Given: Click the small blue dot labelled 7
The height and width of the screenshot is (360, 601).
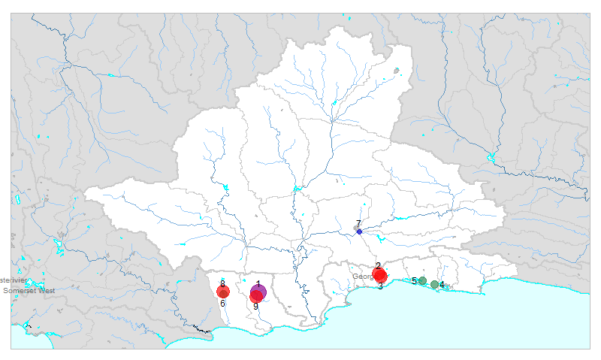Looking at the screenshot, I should [x=359, y=231].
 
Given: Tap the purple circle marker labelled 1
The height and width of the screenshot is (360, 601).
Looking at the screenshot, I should [x=258, y=292].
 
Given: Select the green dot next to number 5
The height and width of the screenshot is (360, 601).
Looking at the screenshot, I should [x=422, y=281].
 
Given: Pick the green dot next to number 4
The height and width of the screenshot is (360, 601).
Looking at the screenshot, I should [x=434, y=284].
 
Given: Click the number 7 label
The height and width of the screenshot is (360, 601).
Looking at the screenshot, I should [x=358, y=223].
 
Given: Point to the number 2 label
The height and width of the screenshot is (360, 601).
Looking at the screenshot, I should [x=378, y=266].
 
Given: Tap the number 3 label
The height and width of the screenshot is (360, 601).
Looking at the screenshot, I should [x=380, y=286].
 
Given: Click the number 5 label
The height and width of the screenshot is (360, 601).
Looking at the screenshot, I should [x=414, y=281].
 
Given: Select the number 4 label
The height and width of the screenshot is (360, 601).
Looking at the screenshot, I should [x=442, y=285].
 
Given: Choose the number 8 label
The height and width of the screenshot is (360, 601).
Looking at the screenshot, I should [x=222, y=283].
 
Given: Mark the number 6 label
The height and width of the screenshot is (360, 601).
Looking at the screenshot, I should [x=222, y=304].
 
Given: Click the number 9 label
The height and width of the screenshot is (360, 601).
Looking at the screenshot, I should [x=255, y=306].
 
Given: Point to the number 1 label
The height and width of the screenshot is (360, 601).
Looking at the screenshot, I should [x=258, y=284].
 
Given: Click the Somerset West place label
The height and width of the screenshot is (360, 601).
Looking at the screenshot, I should [x=26, y=290].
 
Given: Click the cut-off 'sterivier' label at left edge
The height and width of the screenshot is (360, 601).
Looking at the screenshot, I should [x=17, y=280].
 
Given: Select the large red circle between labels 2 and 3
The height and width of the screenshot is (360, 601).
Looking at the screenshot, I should [x=379, y=275].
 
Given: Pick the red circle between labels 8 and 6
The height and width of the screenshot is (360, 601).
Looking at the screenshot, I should [x=223, y=292].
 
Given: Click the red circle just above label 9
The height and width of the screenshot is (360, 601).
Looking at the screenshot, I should [x=256, y=297].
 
